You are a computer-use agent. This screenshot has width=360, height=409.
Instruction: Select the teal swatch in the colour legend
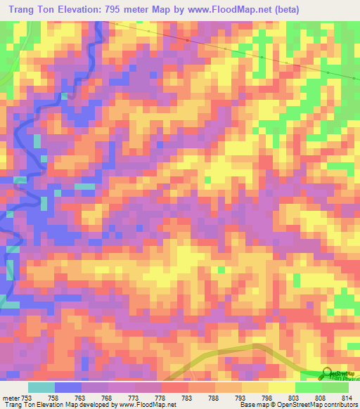[41, 387]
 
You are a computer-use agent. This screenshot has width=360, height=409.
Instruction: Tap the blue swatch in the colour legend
[68, 387]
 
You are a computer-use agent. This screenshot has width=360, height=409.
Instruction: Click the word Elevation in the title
[75, 9]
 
